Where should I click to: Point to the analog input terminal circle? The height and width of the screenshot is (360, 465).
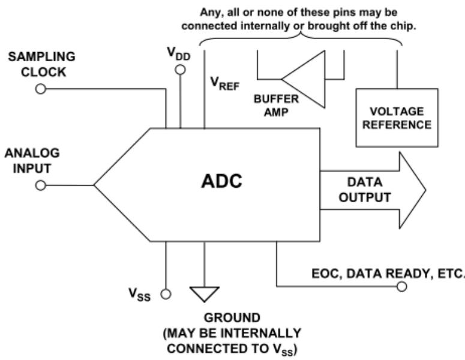[41, 185]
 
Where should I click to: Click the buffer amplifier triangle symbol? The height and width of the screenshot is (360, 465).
[304, 77]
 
